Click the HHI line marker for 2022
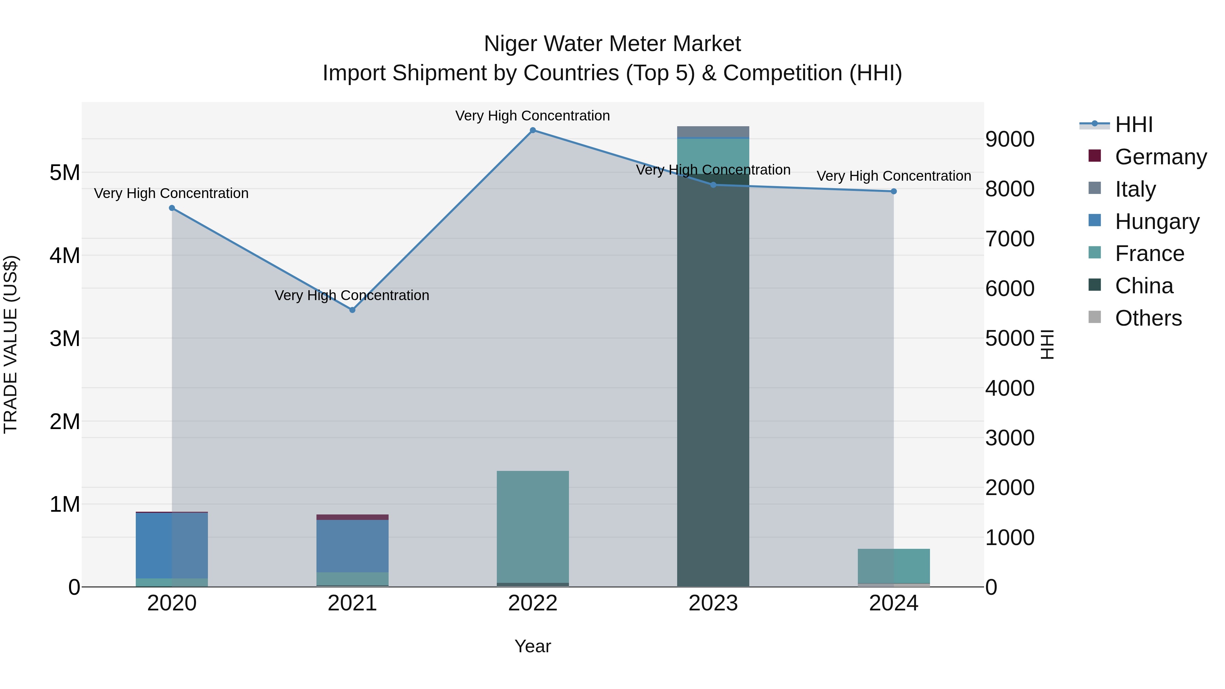(533, 130)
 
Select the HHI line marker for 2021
(353, 310)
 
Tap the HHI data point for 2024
(894, 192)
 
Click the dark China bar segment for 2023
(713, 380)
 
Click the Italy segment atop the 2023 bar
(713, 132)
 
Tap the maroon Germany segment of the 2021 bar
(353, 517)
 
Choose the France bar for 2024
(894, 566)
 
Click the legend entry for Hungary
(1157, 222)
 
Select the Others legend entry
(1148, 318)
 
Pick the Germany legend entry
(1160, 157)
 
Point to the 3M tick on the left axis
(65, 339)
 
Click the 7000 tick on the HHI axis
(1010, 239)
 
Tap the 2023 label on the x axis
(713, 603)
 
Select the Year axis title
(533, 646)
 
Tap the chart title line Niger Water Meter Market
(612, 44)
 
